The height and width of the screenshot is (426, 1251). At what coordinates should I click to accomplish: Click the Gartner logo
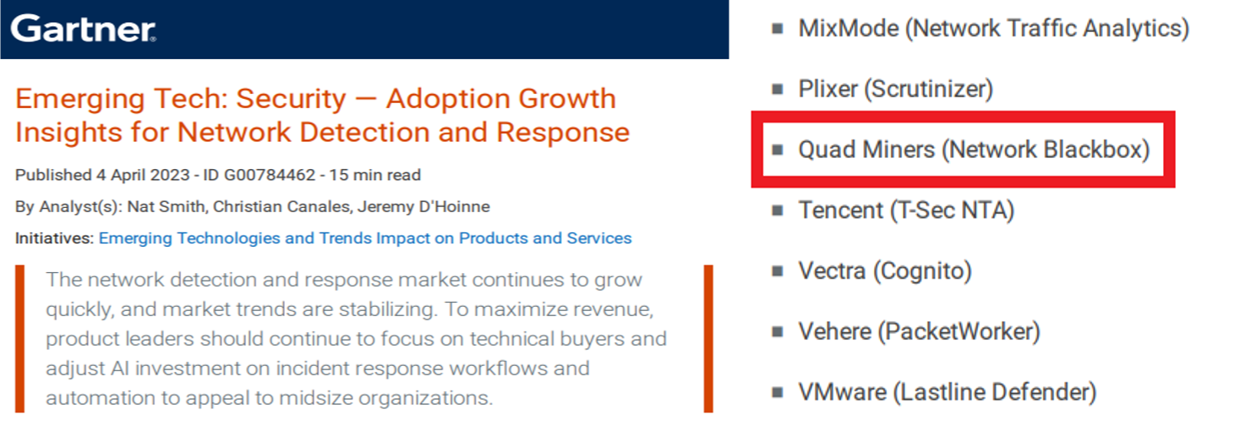click(83, 29)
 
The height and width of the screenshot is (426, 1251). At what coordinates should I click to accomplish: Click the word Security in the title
click(291, 100)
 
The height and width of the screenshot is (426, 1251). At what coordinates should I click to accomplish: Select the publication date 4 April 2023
click(143, 175)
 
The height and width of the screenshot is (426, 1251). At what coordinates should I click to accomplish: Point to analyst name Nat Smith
click(166, 206)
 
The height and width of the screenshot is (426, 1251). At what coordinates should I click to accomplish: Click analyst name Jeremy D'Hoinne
click(423, 206)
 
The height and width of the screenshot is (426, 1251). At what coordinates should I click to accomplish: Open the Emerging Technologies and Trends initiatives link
click(365, 238)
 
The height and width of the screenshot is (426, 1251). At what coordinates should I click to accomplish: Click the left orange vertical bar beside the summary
click(20, 338)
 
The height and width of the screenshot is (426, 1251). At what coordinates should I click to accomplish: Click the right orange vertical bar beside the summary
click(708, 338)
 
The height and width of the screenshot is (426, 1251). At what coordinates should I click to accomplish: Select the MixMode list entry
click(993, 29)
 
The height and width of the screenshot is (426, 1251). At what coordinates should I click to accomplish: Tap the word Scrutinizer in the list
click(929, 89)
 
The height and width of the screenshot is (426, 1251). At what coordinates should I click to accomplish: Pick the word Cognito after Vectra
click(923, 271)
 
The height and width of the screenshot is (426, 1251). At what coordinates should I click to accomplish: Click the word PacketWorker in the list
click(959, 331)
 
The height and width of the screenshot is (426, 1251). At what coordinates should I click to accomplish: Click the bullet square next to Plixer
click(778, 90)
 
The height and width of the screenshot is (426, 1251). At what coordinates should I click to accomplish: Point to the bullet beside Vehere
click(778, 332)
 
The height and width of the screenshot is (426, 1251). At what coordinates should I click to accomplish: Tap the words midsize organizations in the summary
click(385, 398)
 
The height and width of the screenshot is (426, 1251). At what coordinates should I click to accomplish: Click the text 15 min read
click(374, 175)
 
